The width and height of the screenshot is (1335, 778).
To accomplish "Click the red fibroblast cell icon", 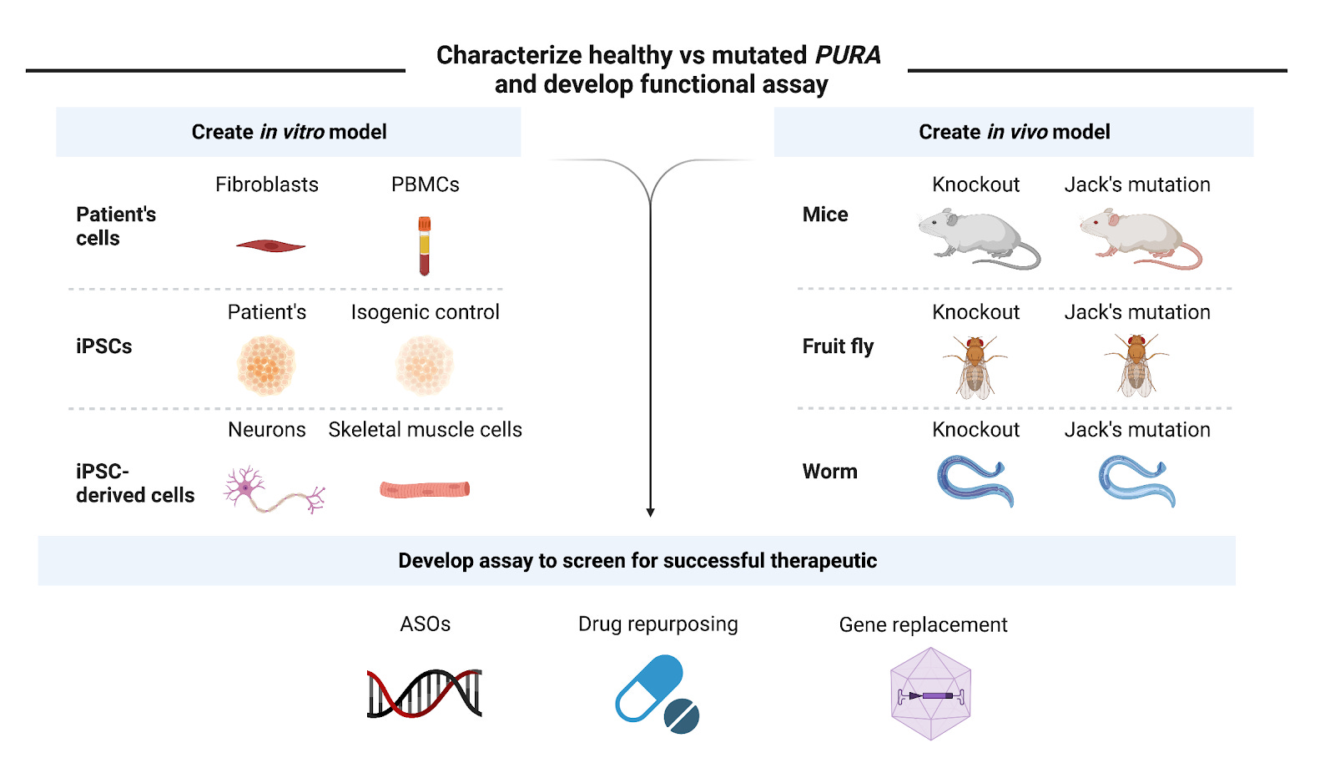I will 270,245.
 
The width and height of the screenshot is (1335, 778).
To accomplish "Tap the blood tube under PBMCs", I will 424,246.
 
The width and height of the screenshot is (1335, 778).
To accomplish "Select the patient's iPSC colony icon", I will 266,366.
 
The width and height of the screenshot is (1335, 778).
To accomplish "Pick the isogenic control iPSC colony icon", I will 424,366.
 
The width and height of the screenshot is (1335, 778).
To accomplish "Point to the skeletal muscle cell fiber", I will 425,489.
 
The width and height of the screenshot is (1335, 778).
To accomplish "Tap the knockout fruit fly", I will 975,366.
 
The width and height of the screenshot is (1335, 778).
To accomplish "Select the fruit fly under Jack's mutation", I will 1136,366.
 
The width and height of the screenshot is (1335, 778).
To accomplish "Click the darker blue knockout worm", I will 975,481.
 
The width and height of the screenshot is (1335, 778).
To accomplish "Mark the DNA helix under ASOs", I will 425,693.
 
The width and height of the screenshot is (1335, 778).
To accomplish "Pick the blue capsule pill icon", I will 649,688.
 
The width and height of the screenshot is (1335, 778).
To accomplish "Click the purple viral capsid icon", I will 930,695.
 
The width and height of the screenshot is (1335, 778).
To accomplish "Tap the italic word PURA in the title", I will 847,55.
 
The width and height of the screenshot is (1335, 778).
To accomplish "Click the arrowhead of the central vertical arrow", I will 650,512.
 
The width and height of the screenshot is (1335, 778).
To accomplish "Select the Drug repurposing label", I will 657,624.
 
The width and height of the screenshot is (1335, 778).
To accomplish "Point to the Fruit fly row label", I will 838,346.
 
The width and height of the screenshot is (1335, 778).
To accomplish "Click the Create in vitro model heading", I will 289,132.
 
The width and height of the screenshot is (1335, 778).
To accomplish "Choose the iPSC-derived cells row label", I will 134,483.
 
